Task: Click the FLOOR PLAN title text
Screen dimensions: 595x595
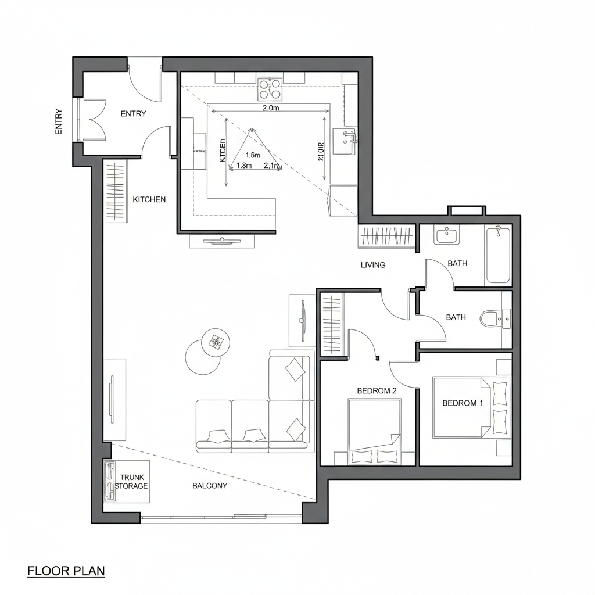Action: click(x=66, y=571)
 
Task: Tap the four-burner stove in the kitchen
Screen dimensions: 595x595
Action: click(x=270, y=89)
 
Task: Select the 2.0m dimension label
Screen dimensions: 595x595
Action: click(x=271, y=108)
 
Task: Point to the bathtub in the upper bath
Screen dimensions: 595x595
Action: click(x=498, y=256)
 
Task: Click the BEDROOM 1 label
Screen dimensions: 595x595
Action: click(x=463, y=403)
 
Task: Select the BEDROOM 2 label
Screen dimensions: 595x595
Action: click(x=377, y=390)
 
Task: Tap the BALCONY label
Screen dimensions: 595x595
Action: click(x=210, y=485)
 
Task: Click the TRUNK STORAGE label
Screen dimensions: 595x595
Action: click(x=131, y=481)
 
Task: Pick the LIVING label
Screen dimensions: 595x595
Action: click(x=373, y=265)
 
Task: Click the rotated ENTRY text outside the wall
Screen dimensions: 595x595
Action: click(x=58, y=122)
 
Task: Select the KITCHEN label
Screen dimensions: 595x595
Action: click(x=149, y=199)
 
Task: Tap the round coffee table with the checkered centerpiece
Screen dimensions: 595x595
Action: click(x=216, y=342)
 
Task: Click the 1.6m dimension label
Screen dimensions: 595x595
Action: click(x=253, y=155)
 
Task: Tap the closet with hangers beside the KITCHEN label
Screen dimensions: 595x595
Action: click(x=115, y=192)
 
